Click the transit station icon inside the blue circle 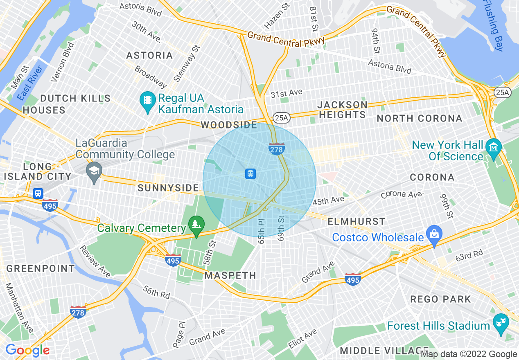(250, 173)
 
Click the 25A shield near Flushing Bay (502, 92)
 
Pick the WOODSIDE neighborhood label (229, 125)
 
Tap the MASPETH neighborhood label (230, 275)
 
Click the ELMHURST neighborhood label (357, 221)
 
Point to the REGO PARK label (440, 299)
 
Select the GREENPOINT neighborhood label (41, 268)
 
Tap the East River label (27, 83)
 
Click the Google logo (27, 350)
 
